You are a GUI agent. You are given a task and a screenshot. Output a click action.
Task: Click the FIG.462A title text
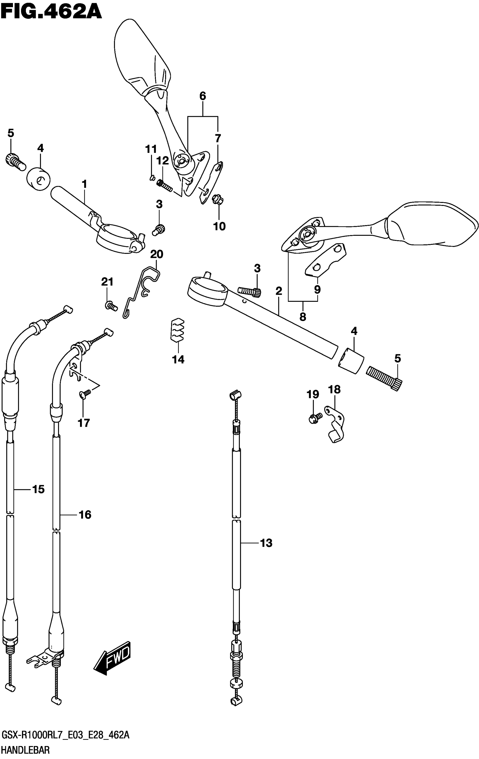[x=51, y=12]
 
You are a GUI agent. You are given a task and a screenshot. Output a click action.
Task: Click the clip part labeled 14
[x=178, y=331]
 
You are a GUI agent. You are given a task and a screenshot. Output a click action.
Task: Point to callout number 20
[x=156, y=254]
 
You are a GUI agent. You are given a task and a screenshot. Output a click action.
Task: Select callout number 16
[x=85, y=515]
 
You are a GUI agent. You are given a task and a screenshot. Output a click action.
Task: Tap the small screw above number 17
[x=85, y=393]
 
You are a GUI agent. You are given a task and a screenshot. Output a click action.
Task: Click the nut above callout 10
[x=217, y=199]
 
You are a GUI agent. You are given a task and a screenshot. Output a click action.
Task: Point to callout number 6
[x=203, y=96]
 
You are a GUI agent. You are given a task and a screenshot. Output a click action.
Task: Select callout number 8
[x=303, y=317]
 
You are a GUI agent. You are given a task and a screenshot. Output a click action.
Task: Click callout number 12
[x=163, y=161]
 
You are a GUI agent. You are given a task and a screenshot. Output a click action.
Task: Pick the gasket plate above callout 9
[x=326, y=260]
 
